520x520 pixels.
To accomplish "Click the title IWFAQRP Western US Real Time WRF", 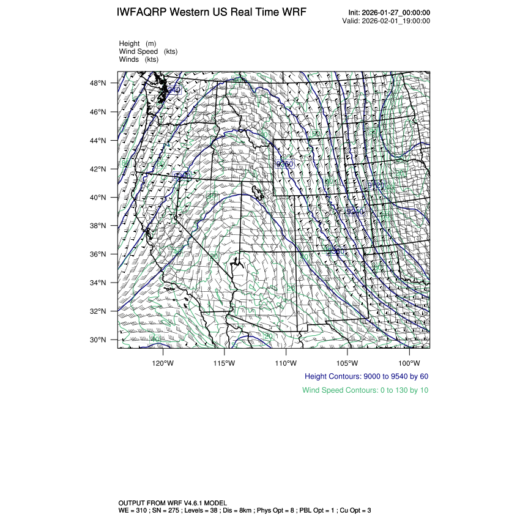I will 211,13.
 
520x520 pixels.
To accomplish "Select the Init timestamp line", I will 389,13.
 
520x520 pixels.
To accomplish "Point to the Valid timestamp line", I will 386,21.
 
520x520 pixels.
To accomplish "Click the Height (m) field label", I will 138,43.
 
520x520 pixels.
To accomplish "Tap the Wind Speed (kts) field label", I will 148,51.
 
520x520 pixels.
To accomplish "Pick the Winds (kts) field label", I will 139,59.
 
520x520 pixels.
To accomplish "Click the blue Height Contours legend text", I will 366,376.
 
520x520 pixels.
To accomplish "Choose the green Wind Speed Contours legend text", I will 365,390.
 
